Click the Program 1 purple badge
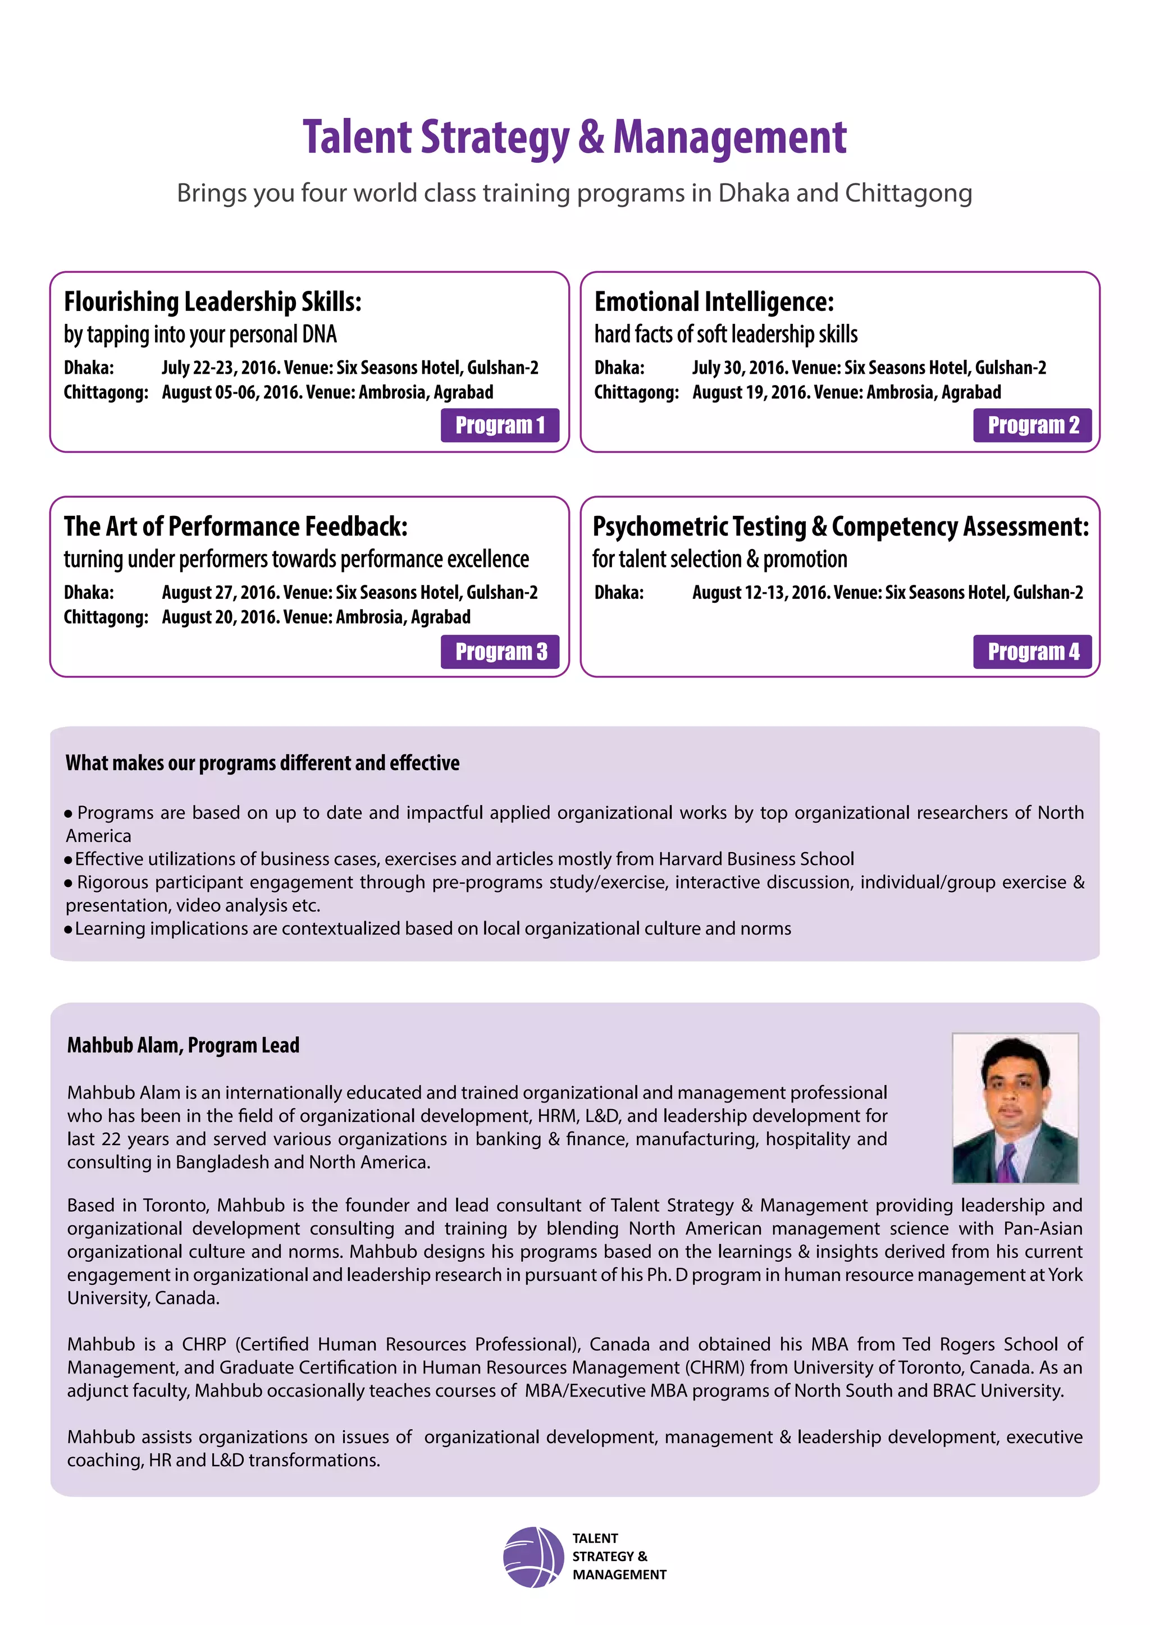point(500,425)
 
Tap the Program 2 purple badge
point(1033,425)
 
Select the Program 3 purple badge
point(500,651)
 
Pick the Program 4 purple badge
point(1033,651)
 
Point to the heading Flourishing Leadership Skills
point(212,301)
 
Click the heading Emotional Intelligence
point(714,301)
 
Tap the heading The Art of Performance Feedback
point(235,527)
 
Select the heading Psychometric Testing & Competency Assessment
point(841,527)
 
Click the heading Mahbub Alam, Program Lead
point(184,1045)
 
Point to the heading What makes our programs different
point(262,763)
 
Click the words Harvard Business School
point(756,859)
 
